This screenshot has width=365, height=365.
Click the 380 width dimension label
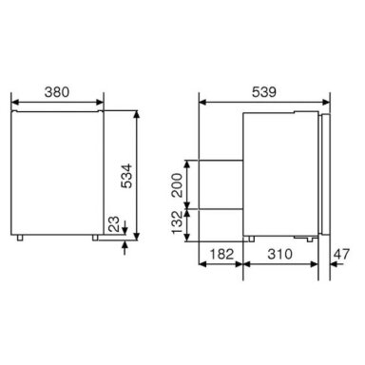click(57, 92)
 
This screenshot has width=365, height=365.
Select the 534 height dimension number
click(126, 176)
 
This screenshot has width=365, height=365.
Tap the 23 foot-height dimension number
click(114, 224)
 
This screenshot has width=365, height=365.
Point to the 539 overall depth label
click(264, 92)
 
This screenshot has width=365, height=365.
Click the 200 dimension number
click(178, 185)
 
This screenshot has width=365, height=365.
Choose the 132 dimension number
click(178, 221)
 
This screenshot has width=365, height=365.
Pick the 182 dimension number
click(221, 254)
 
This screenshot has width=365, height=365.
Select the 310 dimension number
click(279, 254)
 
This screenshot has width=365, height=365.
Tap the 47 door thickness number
click(341, 254)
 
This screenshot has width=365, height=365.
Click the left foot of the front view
click(20, 238)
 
